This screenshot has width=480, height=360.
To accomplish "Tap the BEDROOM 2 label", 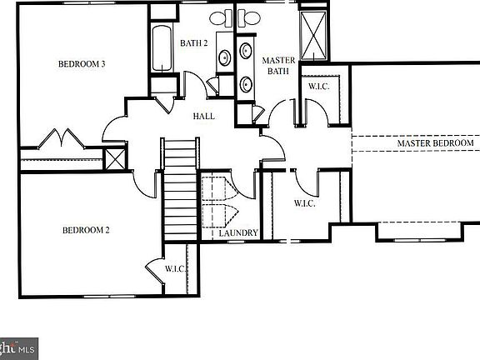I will tap(85, 230).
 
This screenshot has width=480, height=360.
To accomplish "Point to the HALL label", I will tap(204, 117).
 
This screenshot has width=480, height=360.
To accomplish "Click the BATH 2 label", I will tap(193, 42).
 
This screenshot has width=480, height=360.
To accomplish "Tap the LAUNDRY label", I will tap(239, 233).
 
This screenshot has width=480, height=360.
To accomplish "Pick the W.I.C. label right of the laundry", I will tap(304, 203).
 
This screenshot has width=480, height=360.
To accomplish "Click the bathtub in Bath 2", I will tap(161, 50).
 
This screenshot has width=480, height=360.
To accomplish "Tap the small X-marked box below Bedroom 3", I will tap(114, 158).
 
